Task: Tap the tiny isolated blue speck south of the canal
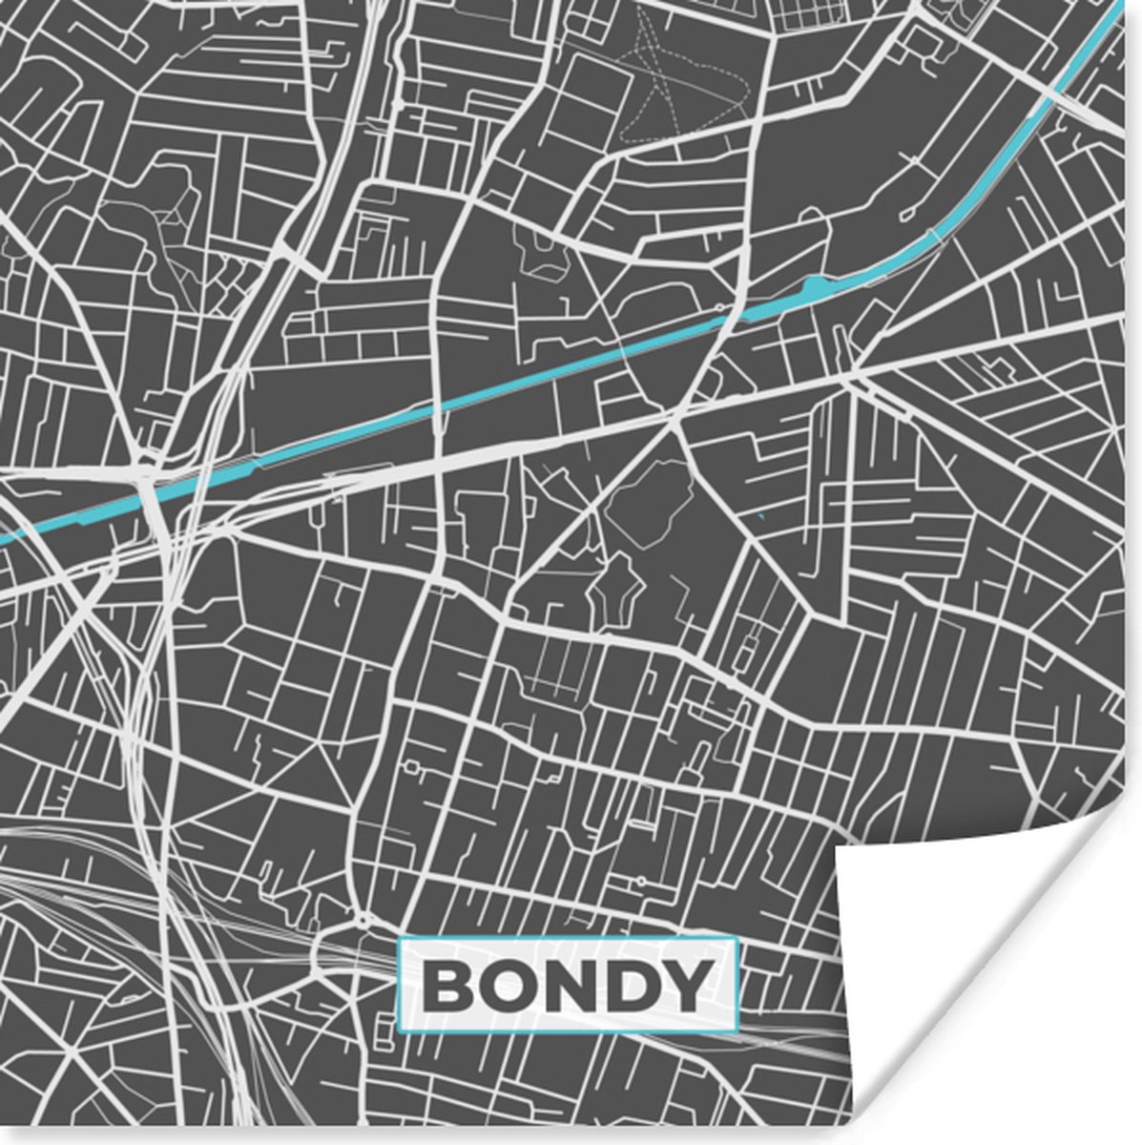coord(760,516)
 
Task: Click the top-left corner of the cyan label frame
coord(399,941)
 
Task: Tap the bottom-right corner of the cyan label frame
coord(738,1030)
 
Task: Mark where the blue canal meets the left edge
coord(3,539)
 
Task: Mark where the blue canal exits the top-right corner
coord(1126,8)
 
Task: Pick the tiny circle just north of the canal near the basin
coord(717,308)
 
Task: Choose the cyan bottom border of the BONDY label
coord(569,1030)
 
